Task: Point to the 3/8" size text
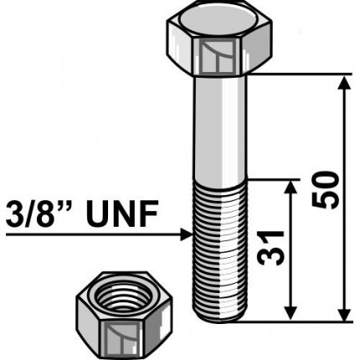tap(38, 217)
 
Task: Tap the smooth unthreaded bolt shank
tap(223, 126)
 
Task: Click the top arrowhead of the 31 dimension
tap(291, 186)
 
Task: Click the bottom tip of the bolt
tap(223, 318)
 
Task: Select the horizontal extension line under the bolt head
tap(301, 75)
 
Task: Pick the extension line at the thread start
tap(272, 177)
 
